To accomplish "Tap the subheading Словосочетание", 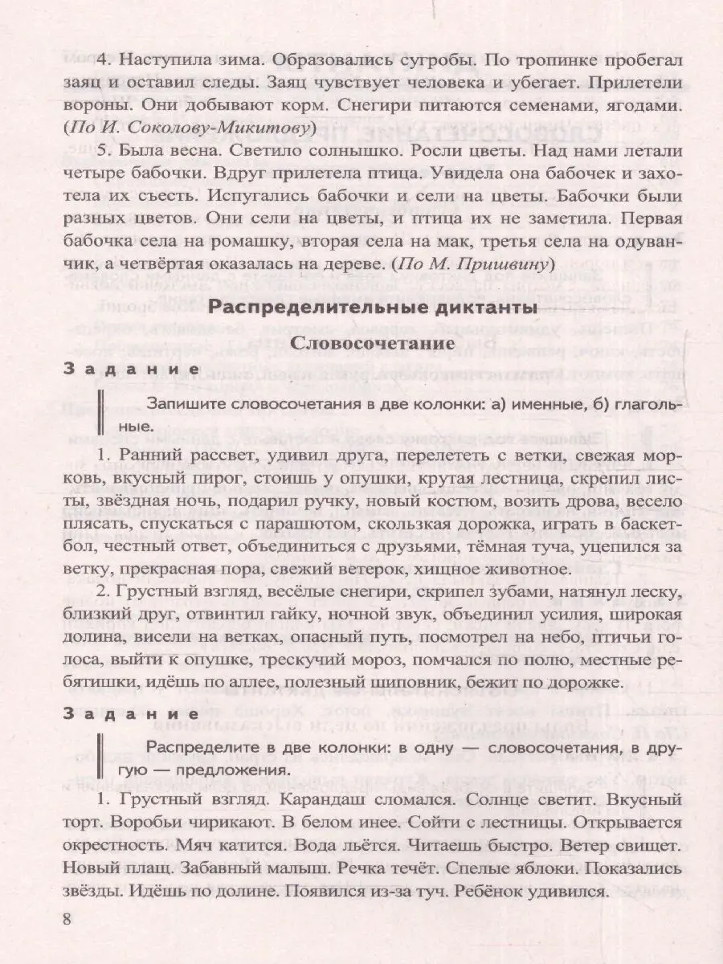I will (x=361, y=341).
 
